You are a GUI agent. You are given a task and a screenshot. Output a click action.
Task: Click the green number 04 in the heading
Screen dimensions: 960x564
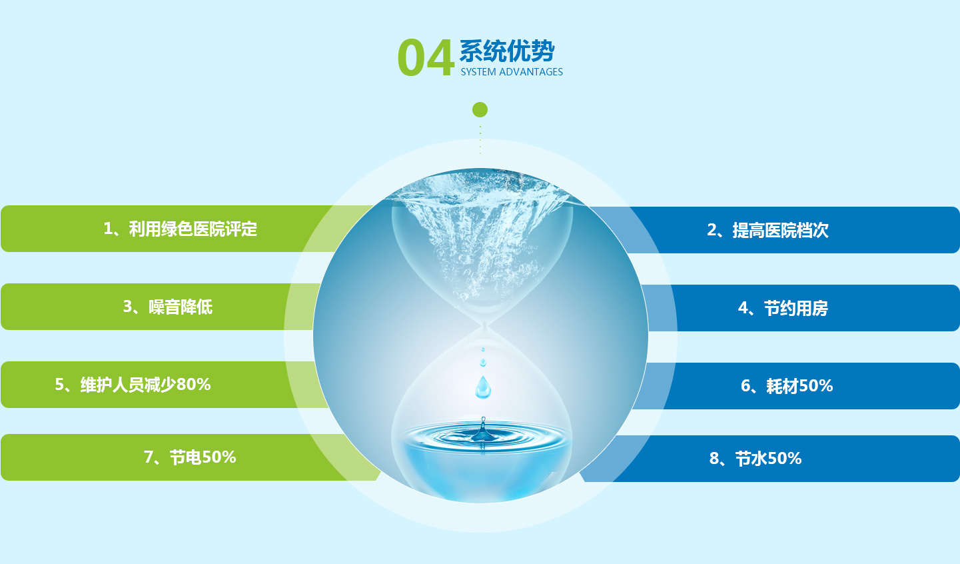coord(426,58)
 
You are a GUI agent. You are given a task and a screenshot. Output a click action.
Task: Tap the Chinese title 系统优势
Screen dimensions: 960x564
coord(507,51)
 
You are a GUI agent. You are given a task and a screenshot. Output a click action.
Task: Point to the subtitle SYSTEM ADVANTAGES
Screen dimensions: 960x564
coord(512,72)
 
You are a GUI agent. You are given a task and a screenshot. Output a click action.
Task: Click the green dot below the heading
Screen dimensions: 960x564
coord(480,110)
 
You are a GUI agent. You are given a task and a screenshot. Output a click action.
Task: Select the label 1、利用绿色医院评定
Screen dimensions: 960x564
coord(180,229)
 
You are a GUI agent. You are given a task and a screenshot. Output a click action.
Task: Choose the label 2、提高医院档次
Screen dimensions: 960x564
coord(767,230)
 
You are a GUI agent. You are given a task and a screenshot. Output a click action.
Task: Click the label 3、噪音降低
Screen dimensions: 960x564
coord(168,307)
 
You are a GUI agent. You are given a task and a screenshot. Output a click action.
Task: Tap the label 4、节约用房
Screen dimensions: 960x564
coord(783,309)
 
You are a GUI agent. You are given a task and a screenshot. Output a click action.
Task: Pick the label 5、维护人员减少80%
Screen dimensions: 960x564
coord(133,385)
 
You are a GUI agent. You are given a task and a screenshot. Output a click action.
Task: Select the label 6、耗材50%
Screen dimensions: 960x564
coord(786,386)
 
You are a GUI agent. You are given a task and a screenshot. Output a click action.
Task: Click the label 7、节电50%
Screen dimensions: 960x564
coord(190,457)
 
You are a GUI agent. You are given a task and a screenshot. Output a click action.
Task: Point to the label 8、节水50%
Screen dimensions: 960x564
coord(755,459)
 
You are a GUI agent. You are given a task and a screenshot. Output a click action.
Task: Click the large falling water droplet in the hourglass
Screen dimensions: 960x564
coord(483,387)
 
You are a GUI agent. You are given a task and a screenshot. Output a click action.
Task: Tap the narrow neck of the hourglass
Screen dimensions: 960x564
coord(485,326)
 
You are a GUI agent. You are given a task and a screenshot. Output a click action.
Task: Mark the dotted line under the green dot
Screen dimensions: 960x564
coord(480,140)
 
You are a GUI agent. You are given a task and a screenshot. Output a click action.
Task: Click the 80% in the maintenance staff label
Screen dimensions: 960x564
coord(193,385)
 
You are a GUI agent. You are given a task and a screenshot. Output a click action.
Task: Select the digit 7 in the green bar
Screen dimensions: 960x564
coord(149,457)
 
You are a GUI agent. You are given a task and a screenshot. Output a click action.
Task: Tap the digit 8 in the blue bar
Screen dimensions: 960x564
coord(714,459)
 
